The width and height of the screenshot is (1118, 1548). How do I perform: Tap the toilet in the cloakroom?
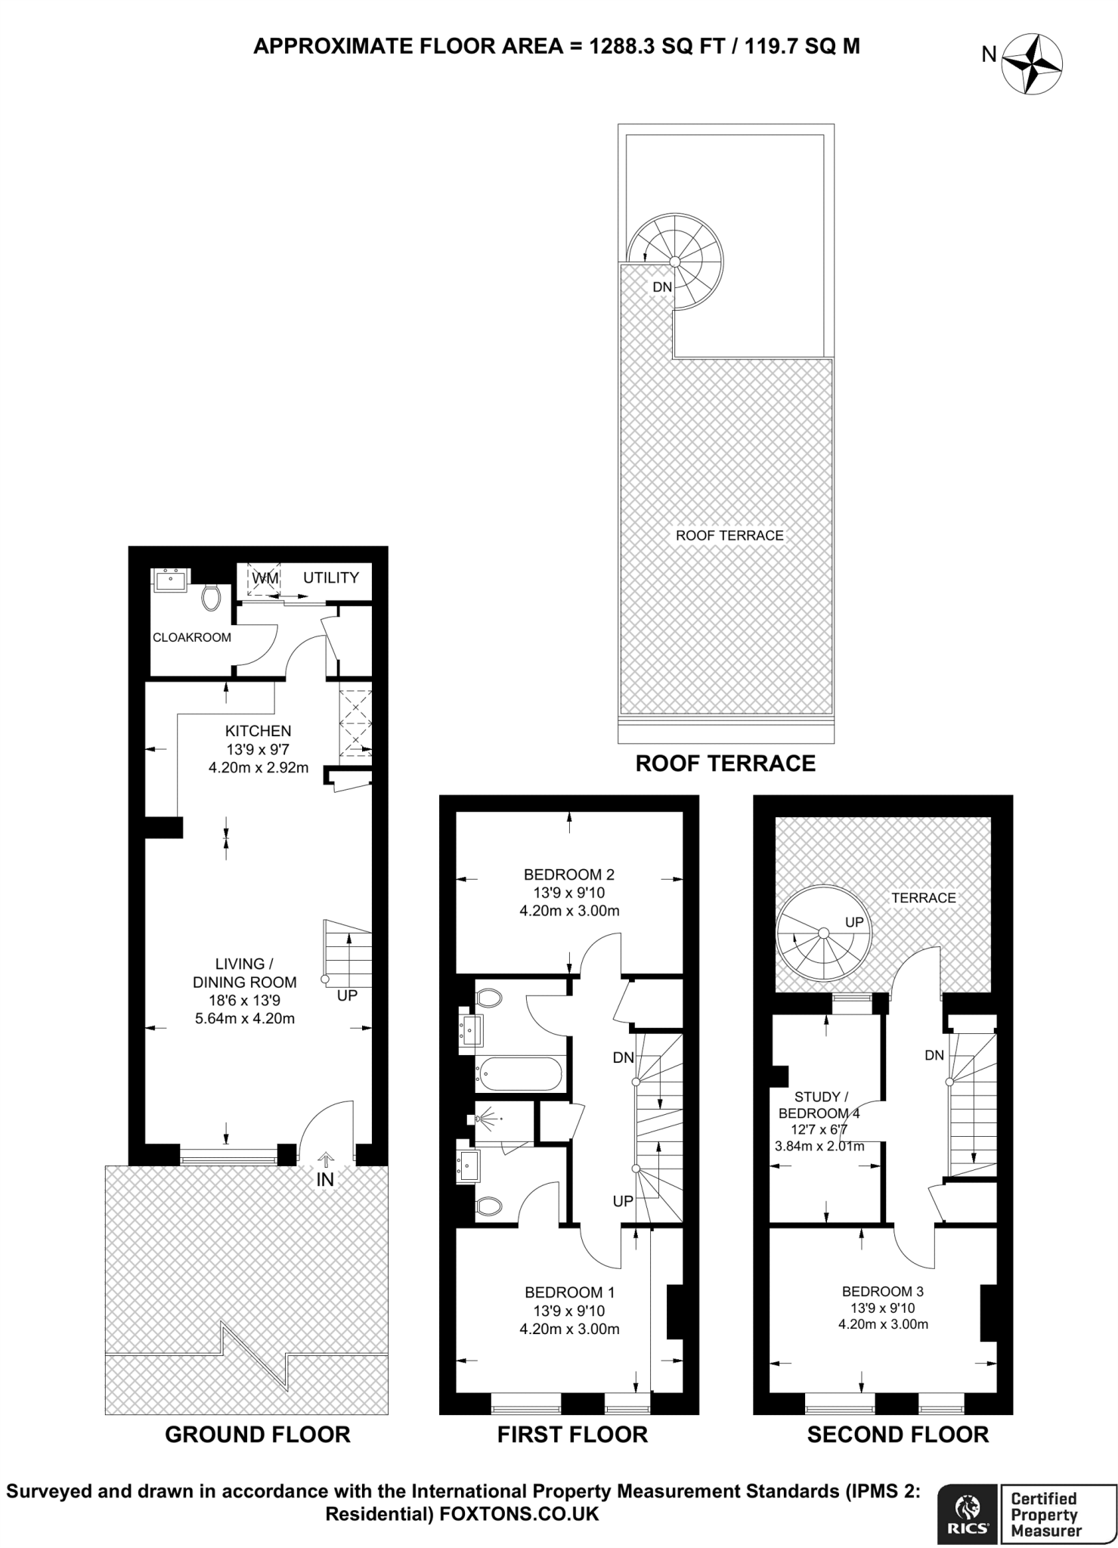[211, 597]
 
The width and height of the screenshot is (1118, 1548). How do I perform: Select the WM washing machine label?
[265, 578]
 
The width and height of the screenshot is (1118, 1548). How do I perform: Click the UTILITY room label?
[331, 577]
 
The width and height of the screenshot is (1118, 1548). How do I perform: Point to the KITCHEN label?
[259, 731]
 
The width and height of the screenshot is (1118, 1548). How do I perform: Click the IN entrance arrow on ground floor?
[326, 1160]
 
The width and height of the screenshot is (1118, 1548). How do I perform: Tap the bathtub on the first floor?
[519, 1074]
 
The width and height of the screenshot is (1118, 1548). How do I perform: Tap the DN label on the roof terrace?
[662, 287]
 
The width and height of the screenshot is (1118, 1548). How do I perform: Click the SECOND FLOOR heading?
[898, 1435]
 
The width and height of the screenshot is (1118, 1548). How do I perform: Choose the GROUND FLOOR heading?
[258, 1435]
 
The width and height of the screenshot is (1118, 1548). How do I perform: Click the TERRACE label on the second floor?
[924, 898]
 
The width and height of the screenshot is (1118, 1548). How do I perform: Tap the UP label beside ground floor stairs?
[347, 995]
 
